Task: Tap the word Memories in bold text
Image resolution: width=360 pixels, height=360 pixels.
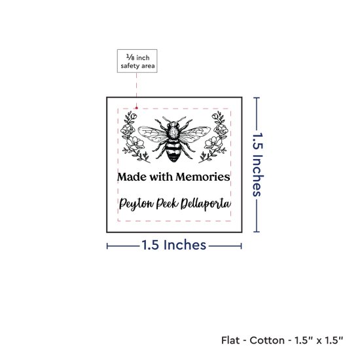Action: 203,177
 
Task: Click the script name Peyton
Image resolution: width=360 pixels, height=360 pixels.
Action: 136,204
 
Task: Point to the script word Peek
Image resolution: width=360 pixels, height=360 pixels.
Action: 168,203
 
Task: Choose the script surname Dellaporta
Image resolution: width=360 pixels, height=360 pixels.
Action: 206,204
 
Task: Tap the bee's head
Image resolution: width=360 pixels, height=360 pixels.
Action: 173,125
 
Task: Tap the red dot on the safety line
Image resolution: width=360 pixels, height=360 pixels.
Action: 137,108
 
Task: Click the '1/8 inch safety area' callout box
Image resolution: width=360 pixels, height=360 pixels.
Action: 137,61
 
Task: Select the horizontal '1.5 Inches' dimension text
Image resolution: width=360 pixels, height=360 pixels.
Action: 174,245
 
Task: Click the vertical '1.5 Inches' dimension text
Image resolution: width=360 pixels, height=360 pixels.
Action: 258,164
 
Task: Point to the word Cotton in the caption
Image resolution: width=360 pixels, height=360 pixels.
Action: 267,340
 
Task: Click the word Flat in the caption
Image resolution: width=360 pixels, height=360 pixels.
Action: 230,340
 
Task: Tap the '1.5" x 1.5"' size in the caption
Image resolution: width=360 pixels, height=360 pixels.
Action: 319,340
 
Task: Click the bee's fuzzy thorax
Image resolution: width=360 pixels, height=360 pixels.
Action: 173,133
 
